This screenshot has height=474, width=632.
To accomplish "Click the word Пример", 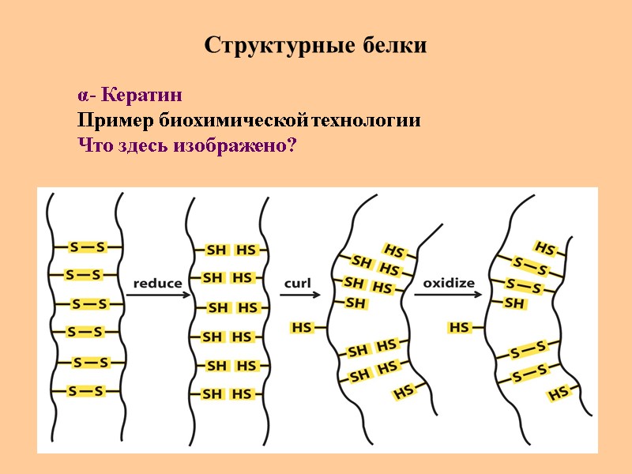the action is [x=115, y=122].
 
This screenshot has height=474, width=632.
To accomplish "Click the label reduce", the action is [x=157, y=283].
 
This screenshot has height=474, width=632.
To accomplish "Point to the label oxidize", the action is [x=449, y=282].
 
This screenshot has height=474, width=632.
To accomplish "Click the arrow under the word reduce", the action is [x=157, y=295].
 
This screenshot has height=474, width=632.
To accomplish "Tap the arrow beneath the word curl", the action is [x=299, y=295].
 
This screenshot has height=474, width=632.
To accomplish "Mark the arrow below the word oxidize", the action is [x=448, y=295].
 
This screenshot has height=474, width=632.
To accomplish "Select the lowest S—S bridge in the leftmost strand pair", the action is [x=86, y=391].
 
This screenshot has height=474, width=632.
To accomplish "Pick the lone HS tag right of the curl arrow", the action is [x=302, y=327].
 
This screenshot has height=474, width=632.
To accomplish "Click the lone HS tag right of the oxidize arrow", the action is [x=459, y=327].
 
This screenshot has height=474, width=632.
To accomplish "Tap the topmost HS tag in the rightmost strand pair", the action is [x=545, y=248].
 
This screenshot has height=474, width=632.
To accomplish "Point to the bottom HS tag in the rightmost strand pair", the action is [x=559, y=393].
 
